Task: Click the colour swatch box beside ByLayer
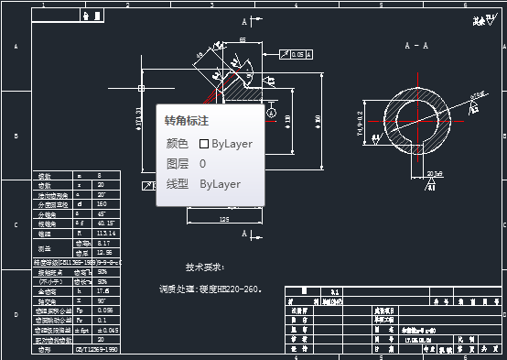(x=204, y=144)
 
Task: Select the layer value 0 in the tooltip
(x=202, y=164)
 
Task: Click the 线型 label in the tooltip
(x=177, y=184)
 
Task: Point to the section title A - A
(x=417, y=44)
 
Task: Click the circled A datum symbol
(x=271, y=112)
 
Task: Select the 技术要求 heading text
(x=205, y=267)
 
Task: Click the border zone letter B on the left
(x=16, y=136)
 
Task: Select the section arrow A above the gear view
(x=245, y=20)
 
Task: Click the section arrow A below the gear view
(x=245, y=235)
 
